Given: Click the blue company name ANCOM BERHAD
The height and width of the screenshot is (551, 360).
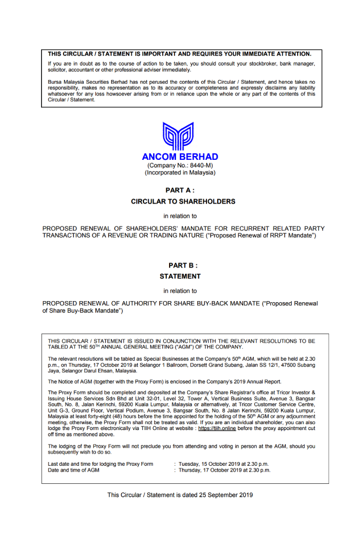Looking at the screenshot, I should click(180, 157).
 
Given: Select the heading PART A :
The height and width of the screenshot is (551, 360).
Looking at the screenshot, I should click(180, 190).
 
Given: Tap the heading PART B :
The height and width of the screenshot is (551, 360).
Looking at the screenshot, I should click(180, 265).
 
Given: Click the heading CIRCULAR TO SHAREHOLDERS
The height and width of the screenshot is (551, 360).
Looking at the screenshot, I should click(180, 201).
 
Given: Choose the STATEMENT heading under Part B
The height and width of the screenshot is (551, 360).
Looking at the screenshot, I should click(180, 277).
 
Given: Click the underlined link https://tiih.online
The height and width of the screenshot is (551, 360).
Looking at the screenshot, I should click(217, 428).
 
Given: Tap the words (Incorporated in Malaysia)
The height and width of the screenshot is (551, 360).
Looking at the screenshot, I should click(180, 173).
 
